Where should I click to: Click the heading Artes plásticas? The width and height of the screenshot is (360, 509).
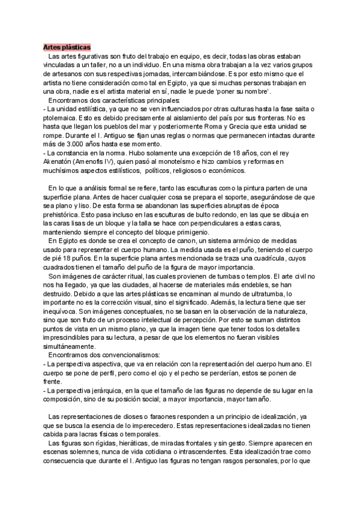[x=67, y=47]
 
